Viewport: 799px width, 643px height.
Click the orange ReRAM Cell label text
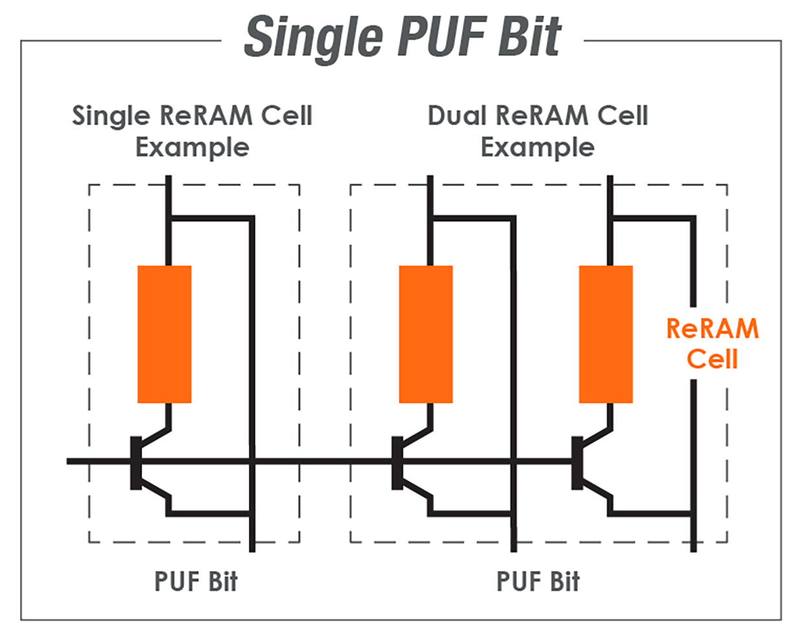click(x=712, y=343)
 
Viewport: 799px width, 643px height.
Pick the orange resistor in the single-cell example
click(x=164, y=334)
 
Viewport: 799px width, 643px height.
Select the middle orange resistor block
click(x=425, y=334)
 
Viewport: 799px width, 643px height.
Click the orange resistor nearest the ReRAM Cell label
click(x=605, y=334)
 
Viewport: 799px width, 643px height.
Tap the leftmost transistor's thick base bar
click(x=136, y=463)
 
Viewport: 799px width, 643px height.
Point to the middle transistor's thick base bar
click(x=397, y=463)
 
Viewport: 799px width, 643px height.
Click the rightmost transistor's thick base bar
click(x=577, y=463)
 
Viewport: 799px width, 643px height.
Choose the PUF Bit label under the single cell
click(x=195, y=581)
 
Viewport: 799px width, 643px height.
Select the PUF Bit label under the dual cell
click(x=538, y=581)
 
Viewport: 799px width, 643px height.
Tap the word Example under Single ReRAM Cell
click(x=192, y=147)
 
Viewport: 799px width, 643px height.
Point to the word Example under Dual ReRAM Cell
click(x=538, y=147)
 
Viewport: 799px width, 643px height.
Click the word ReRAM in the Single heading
click(x=205, y=116)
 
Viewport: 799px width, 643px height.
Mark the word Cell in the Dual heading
click(x=623, y=116)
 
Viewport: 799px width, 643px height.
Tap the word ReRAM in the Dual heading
click(x=541, y=116)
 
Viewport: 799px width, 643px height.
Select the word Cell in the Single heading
click(x=287, y=116)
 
